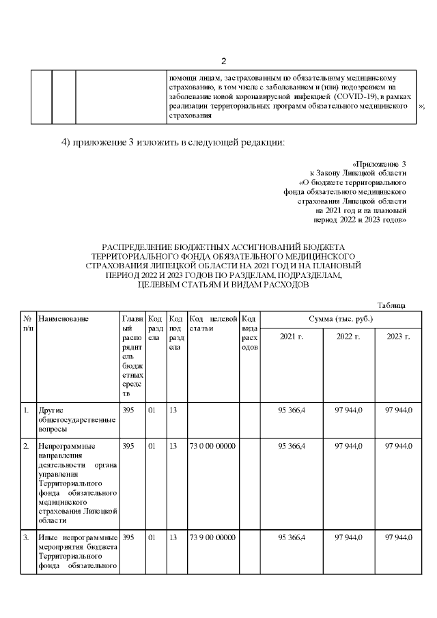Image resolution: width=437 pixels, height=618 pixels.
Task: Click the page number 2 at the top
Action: click(x=223, y=61)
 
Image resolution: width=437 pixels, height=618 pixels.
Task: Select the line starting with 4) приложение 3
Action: click(x=172, y=142)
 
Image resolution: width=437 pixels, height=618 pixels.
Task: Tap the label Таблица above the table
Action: click(x=391, y=305)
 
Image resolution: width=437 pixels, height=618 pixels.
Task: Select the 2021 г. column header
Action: click(x=292, y=337)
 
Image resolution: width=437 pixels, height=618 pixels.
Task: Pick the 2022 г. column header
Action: click(x=348, y=337)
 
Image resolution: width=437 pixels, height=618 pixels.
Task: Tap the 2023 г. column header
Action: click(x=398, y=337)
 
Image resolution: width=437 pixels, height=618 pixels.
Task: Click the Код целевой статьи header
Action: click(x=213, y=323)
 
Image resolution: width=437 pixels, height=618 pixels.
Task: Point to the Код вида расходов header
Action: click(x=249, y=333)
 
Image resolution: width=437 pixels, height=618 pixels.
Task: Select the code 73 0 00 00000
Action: click(x=212, y=446)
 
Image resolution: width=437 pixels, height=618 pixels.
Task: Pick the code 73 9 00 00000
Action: click(x=212, y=537)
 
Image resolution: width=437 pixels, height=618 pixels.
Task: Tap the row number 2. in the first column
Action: click(x=27, y=446)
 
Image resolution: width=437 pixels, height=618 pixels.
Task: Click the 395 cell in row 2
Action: click(x=128, y=446)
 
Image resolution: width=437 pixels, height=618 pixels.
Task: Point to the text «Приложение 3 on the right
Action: click(x=380, y=164)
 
